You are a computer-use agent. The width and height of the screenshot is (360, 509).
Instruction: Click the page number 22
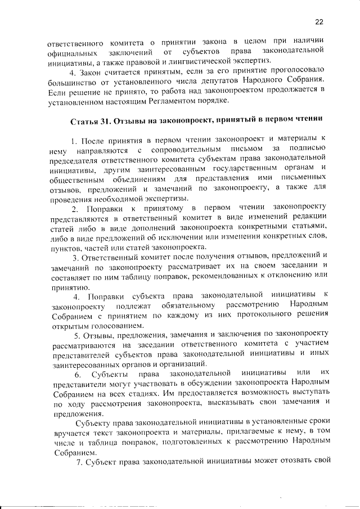(x=319, y=22)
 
